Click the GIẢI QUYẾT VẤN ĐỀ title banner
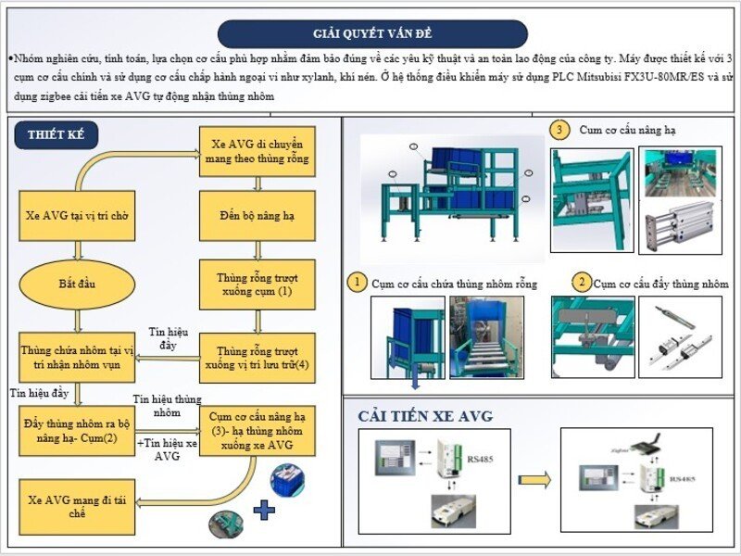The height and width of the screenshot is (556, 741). point(372,34)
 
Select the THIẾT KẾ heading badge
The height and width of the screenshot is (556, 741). point(57,135)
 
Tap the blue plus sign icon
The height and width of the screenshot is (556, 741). point(264,509)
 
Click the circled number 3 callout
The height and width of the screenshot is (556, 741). point(559,130)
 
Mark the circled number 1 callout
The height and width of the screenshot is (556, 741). point(355,281)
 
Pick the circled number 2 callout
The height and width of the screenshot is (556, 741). point(581,281)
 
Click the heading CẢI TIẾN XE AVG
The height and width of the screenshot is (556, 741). point(425,416)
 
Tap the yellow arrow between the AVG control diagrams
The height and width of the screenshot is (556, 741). point(535,480)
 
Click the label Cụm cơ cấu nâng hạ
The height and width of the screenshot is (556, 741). point(627,130)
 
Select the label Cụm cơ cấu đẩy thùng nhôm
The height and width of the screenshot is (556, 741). point(660,283)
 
